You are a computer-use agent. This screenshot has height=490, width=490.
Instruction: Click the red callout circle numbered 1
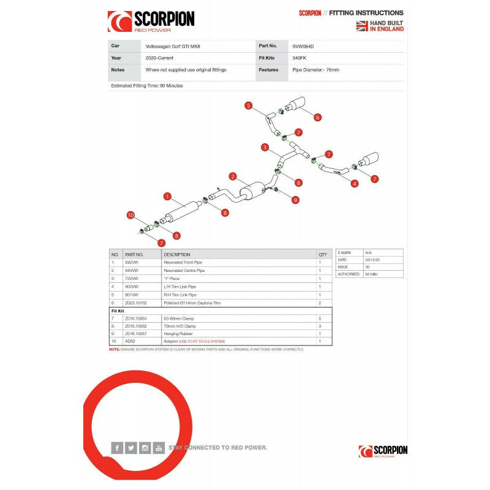click(x=167, y=197)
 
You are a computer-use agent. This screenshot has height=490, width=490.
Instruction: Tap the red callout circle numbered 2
click(x=233, y=176)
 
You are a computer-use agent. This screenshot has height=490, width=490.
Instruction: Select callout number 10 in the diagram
click(x=130, y=214)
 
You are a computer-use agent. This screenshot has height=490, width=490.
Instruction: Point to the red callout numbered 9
click(x=295, y=199)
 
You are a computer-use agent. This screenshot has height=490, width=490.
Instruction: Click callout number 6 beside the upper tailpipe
click(x=318, y=117)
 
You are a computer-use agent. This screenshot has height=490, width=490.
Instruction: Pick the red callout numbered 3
click(x=265, y=148)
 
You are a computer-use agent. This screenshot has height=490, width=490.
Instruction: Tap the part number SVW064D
click(x=304, y=45)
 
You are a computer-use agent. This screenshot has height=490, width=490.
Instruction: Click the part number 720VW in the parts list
click(x=132, y=278)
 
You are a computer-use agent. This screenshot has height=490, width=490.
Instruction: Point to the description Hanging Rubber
click(x=178, y=334)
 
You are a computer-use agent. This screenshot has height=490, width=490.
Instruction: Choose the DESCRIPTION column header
click(x=177, y=254)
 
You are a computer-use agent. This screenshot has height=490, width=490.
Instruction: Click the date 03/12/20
click(x=374, y=260)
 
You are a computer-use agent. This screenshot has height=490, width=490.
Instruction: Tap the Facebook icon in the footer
click(x=117, y=448)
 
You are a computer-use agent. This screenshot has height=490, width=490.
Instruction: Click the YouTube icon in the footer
click(x=159, y=448)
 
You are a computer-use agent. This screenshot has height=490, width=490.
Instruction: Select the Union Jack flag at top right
click(x=362, y=26)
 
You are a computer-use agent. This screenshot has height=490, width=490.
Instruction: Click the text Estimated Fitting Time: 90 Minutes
click(x=147, y=86)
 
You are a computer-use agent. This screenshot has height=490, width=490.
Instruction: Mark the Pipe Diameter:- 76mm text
click(x=316, y=70)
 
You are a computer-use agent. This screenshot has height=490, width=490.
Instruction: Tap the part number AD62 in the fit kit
click(x=130, y=341)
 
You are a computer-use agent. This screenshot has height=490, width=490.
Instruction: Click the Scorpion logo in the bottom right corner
click(x=383, y=451)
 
